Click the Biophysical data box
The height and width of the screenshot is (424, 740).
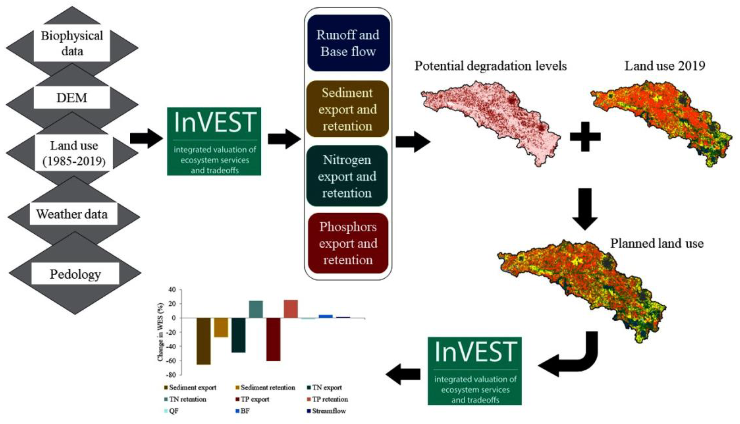coord(72,43)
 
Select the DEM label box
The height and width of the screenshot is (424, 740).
coord(72,98)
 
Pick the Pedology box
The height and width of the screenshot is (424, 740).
coord(75,274)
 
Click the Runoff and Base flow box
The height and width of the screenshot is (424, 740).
coord(349,43)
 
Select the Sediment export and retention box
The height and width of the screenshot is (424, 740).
coord(348,109)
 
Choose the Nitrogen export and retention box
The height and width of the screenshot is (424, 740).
coord(347,176)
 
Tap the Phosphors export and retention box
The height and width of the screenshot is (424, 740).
coord(348,243)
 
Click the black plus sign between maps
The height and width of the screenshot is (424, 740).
coord(585,137)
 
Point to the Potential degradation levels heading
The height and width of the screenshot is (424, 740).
coord(491,66)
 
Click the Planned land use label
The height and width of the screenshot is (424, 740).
coord(657,243)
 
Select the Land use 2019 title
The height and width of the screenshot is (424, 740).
coord(665,66)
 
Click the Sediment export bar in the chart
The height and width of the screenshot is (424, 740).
coord(204,341)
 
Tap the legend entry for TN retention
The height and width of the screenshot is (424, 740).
coord(185,399)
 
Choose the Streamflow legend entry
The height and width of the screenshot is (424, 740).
coord(326,411)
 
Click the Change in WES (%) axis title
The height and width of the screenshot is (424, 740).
coord(160,332)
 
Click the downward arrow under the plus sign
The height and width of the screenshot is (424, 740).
coord(585,209)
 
